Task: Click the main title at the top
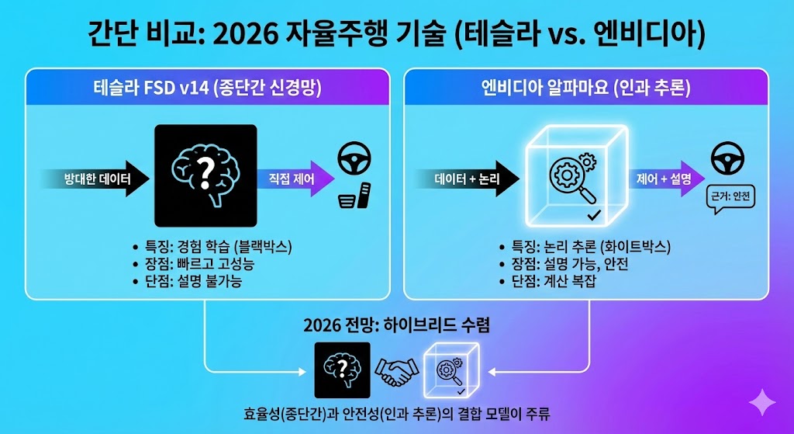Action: click(397, 33)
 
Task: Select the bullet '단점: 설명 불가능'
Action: click(192, 281)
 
